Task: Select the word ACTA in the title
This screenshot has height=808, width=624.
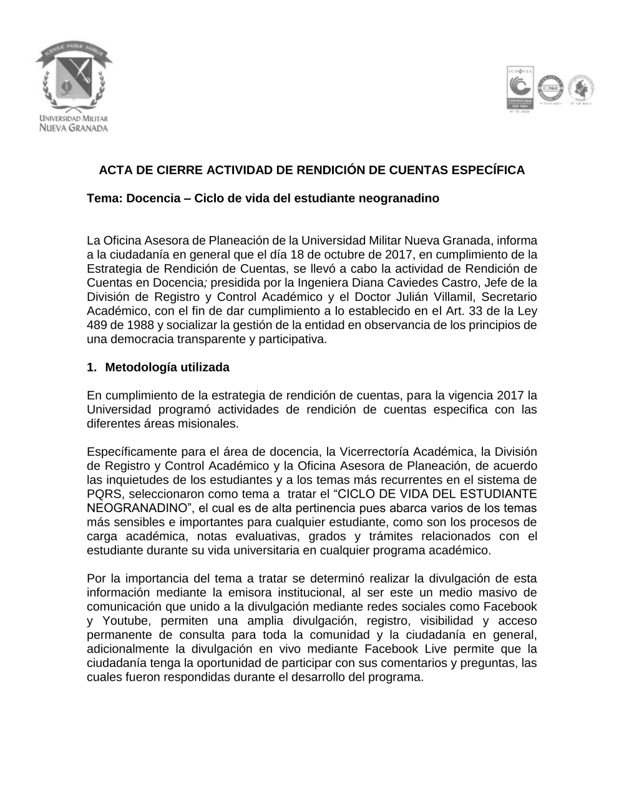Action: click(114, 170)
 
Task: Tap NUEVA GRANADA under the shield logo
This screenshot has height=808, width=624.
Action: click(74, 128)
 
